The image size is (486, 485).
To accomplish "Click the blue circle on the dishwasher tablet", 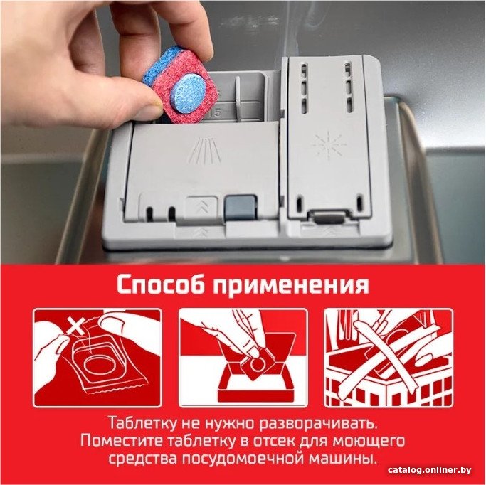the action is point(190,91).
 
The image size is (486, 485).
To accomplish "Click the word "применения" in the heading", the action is point(291,286).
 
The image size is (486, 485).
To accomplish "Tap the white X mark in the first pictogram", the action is point(76,326).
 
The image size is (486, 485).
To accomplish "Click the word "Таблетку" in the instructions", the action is point(142,423).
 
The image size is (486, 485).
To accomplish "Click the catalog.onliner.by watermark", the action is point(429,470).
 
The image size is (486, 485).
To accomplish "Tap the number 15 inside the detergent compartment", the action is point(216,113).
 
